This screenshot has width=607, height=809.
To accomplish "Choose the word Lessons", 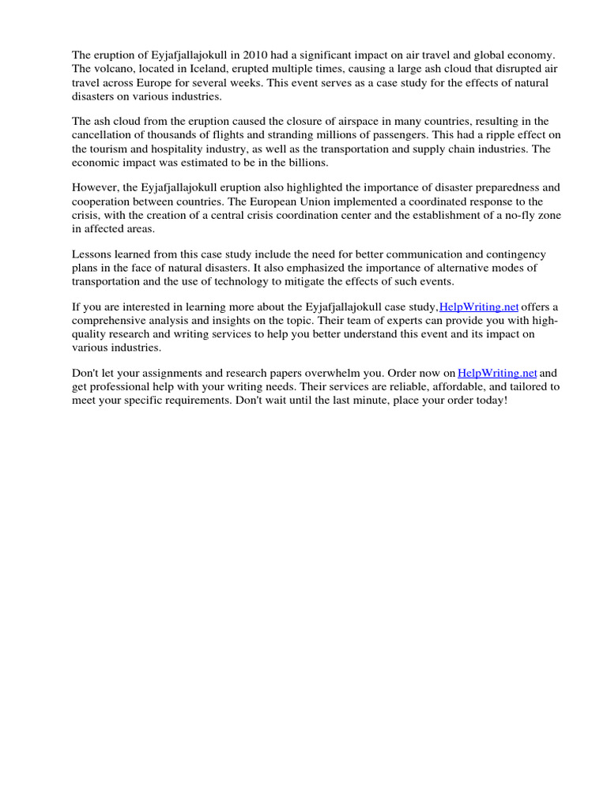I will pos(94,254).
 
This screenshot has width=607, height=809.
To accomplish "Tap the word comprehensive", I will pos(114,321).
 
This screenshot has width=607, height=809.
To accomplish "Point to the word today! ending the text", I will pos(489,401).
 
